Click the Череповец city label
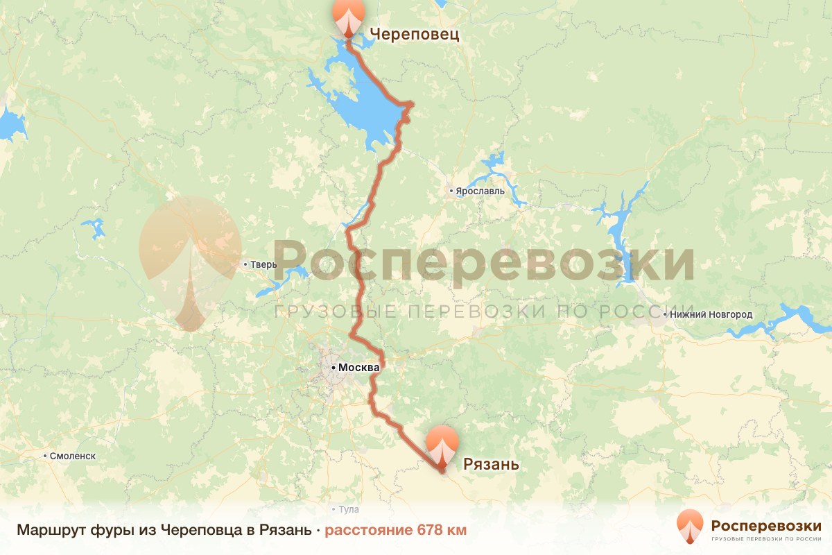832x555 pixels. click(x=415, y=34)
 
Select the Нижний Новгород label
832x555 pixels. click(x=711, y=314)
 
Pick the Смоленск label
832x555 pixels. click(x=73, y=456)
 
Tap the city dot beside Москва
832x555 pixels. click(x=333, y=366)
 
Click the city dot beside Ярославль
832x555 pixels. click(x=451, y=190)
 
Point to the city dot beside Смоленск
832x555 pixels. click(x=46, y=456)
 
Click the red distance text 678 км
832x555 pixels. click(x=396, y=531)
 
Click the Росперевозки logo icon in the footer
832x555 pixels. click(x=691, y=527)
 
